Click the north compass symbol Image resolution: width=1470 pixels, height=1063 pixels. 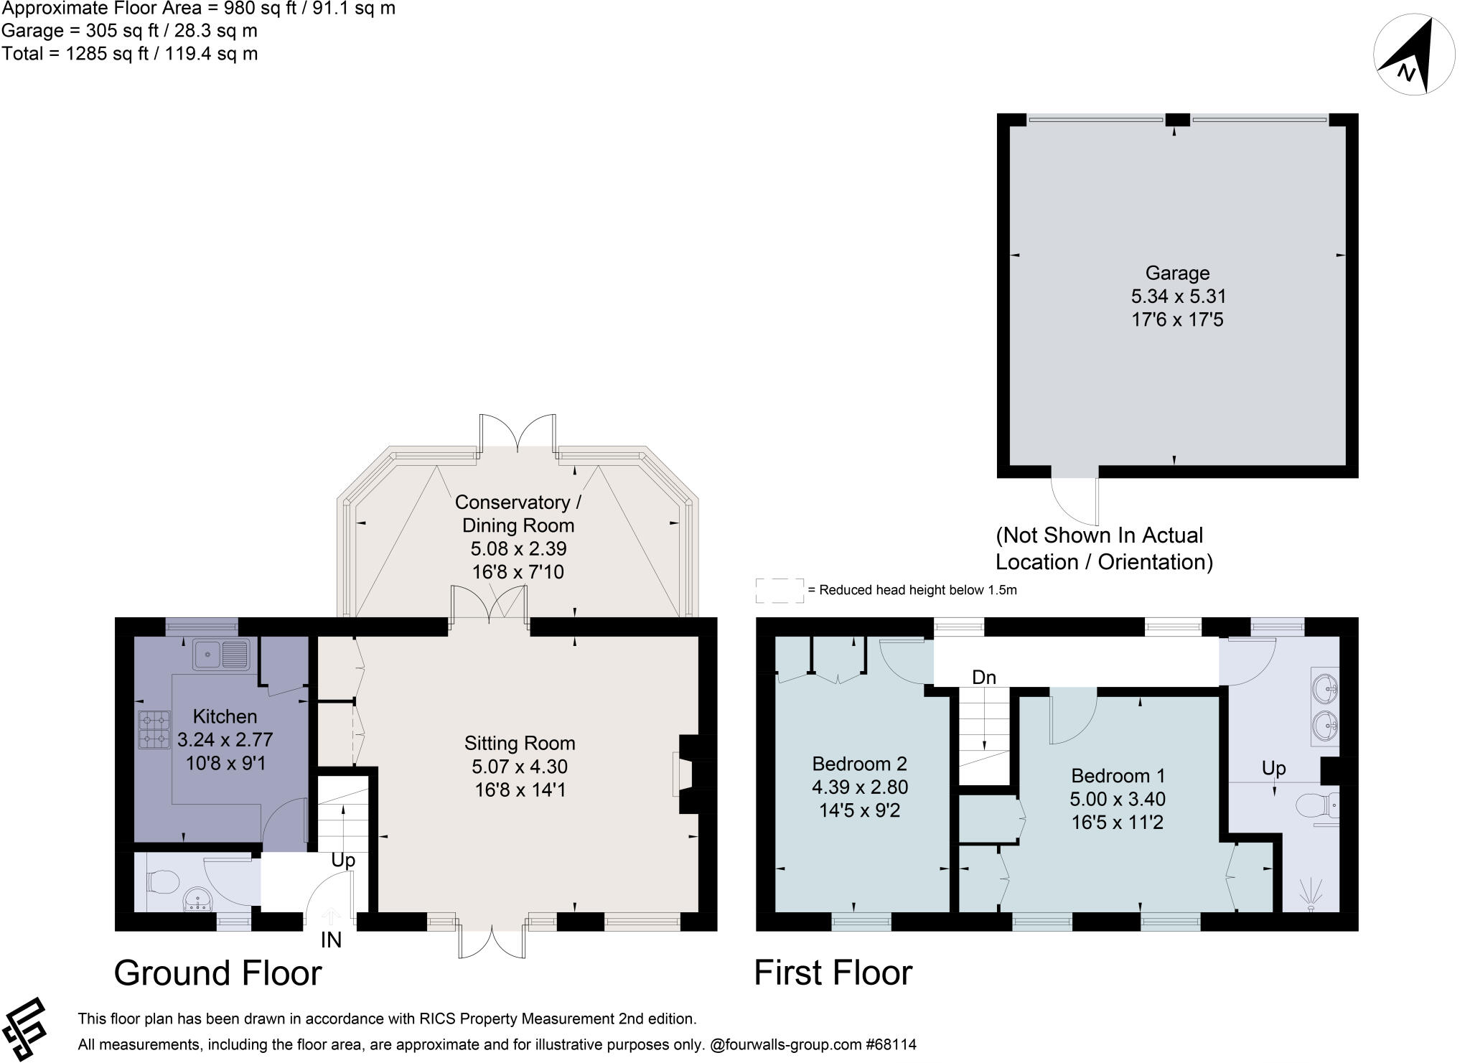(1413, 56)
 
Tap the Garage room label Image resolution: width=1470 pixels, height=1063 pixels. (1177, 273)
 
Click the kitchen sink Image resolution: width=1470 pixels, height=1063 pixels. (220, 654)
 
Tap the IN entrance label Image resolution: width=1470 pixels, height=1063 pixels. (331, 940)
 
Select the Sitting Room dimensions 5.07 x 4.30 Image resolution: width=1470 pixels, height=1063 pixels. (520, 767)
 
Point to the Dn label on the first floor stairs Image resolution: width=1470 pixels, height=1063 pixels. (984, 677)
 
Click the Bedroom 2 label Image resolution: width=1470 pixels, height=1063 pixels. (859, 764)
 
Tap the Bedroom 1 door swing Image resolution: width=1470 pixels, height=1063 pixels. (1072, 718)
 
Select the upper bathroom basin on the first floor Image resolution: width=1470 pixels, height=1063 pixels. (1325, 688)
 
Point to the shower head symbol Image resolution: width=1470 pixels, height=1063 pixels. (1311, 894)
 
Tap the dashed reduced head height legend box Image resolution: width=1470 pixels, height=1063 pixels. (780, 590)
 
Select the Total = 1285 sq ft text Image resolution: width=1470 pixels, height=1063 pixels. (129, 54)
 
